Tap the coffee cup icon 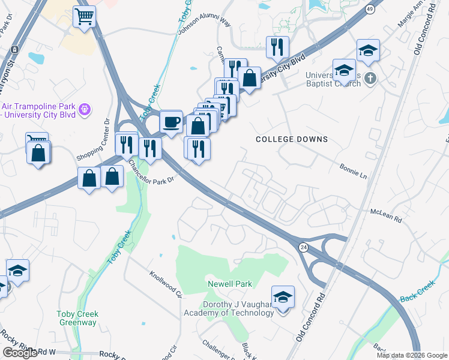(171, 122)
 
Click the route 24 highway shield (304, 247)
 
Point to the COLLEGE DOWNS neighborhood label (292, 139)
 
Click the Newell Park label (230, 283)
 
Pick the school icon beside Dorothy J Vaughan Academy (283, 298)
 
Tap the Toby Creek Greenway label (77, 318)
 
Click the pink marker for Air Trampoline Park (85, 109)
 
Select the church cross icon (371, 77)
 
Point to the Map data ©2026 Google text (412, 355)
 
